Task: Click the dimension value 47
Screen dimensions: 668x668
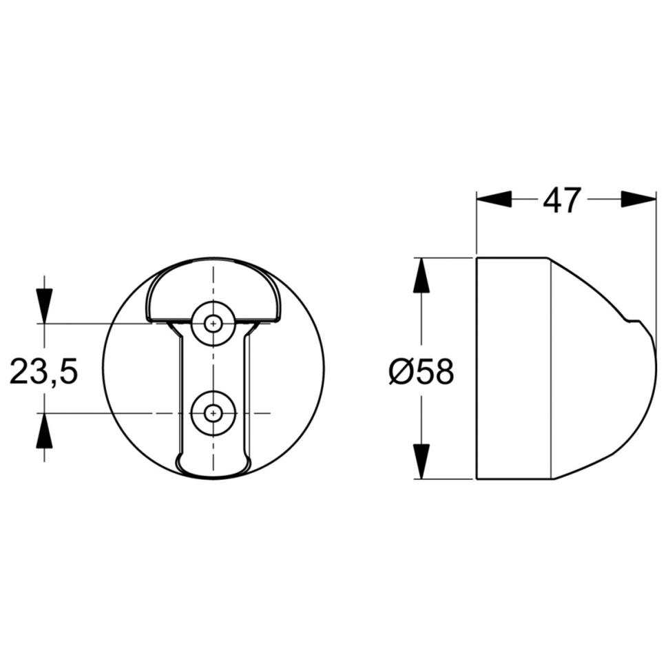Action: click(x=562, y=200)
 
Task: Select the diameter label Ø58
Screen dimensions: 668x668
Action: click(x=421, y=373)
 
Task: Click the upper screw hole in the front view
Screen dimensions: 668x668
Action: click(x=214, y=322)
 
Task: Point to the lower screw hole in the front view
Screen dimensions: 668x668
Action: click(x=214, y=413)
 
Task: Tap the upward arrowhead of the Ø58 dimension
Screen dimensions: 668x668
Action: click(x=420, y=275)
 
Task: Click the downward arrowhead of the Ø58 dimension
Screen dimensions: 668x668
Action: click(x=420, y=461)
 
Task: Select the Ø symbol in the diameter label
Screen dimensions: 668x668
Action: click(x=400, y=373)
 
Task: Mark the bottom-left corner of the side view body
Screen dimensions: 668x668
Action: click(x=477, y=478)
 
